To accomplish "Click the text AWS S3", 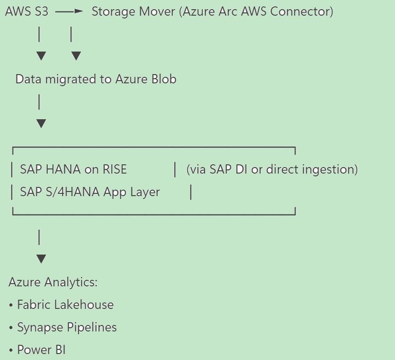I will (x=26, y=12).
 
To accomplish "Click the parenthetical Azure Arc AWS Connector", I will (x=257, y=12).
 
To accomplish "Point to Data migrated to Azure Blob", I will (x=96, y=79).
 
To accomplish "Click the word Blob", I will (x=164, y=79).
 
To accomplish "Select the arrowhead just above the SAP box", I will (x=41, y=123).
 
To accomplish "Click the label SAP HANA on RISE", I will (x=73, y=169).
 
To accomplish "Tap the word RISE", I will (x=114, y=169).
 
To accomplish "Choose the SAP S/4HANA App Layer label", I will (x=90, y=192).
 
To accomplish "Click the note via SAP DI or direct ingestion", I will (x=272, y=169).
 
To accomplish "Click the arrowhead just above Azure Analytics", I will (x=41, y=259).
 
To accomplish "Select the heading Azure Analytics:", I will (x=53, y=282).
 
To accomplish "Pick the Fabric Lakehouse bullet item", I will (x=65, y=304).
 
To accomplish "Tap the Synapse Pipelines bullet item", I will (x=67, y=327).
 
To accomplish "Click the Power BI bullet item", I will (x=41, y=350).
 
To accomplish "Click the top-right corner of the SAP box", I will (x=295, y=148).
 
